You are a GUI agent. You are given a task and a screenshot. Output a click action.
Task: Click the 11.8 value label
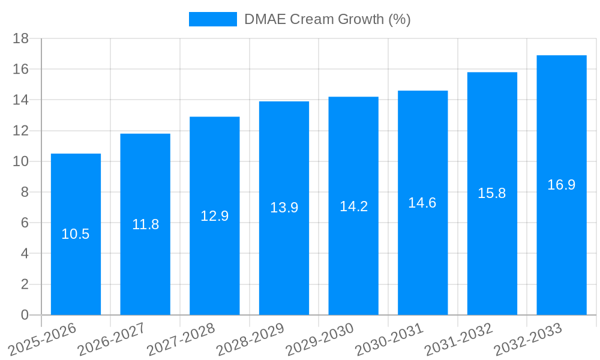(x=145, y=224)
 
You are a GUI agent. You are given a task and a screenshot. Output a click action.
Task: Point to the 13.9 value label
(x=284, y=208)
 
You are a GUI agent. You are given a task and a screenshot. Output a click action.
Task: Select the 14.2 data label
(x=353, y=206)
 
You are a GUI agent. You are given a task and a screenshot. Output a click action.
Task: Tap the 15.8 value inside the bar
(x=492, y=193)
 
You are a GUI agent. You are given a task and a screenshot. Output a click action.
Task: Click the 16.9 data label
(x=561, y=185)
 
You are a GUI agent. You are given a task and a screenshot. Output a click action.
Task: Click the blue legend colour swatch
(x=212, y=19)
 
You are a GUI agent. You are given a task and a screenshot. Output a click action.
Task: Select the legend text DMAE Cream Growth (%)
(x=327, y=19)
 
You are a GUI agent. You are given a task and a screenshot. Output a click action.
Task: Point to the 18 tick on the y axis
(x=21, y=38)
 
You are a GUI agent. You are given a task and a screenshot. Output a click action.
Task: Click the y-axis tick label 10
(x=21, y=161)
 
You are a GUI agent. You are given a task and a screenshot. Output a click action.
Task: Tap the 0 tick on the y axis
(x=25, y=315)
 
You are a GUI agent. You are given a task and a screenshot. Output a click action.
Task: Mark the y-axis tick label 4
(x=25, y=254)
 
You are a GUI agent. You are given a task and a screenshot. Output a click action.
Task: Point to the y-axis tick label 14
(x=21, y=100)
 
